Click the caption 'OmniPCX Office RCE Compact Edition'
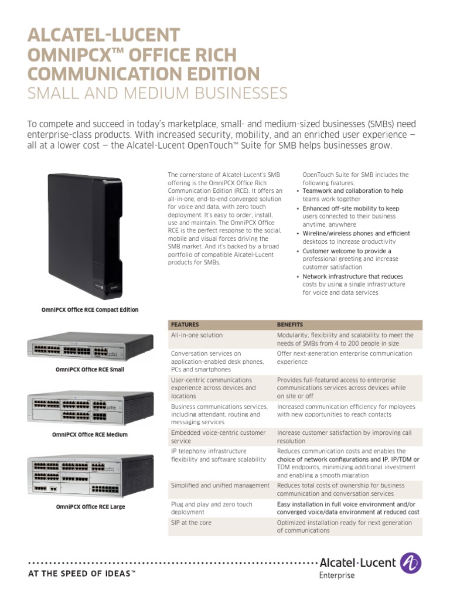90,309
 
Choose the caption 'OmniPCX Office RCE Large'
90,506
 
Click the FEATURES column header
185,324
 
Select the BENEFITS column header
289,324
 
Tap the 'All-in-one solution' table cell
196,335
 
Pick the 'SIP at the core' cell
191,522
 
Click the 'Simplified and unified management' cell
220,485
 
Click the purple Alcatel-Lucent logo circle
410,563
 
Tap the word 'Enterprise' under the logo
337,575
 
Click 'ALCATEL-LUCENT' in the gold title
104,35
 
